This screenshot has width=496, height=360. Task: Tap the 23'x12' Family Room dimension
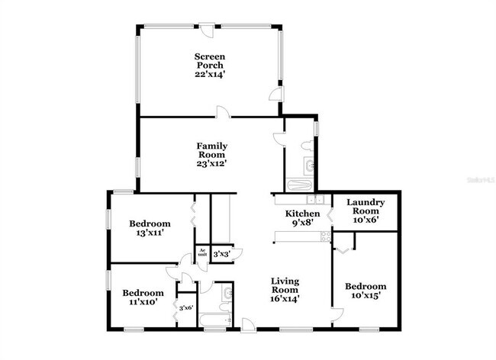[211, 162]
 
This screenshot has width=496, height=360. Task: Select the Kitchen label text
[302, 214]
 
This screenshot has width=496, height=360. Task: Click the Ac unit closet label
[202, 252]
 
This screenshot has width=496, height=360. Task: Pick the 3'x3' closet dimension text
[221, 253]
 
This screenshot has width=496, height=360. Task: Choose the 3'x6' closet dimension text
[185, 307]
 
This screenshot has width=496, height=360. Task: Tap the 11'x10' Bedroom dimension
[143, 302]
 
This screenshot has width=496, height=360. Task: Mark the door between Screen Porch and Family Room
[221, 114]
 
